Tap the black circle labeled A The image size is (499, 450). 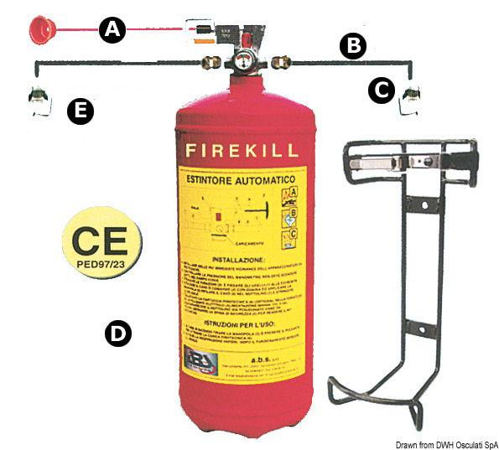pyautogui.click(x=112, y=31)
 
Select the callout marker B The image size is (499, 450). pyautogui.click(x=353, y=47)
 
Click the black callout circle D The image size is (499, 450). pyautogui.click(x=117, y=334)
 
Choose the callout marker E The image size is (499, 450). pyautogui.click(x=81, y=111)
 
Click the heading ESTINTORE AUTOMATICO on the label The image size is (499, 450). pyautogui.click(x=234, y=178)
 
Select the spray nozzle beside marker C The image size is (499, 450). pyautogui.click(x=409, y=101)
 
